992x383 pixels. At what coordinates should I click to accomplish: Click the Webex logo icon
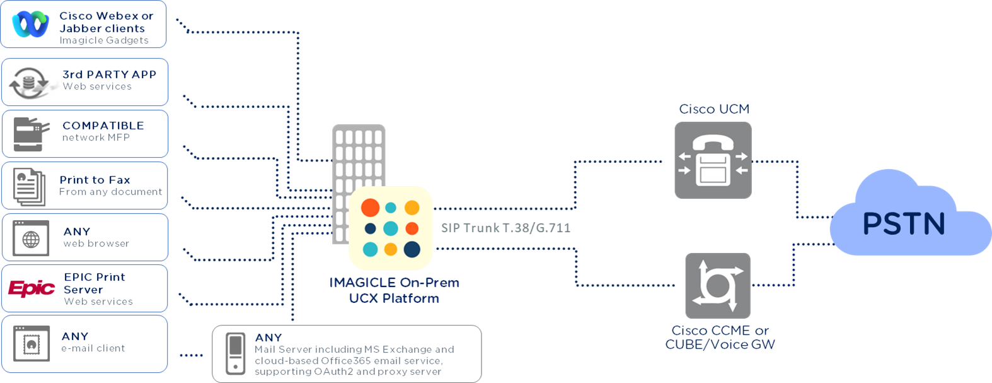click(x=30, y=25)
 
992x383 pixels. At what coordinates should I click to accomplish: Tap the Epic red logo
click(x=32, y=288)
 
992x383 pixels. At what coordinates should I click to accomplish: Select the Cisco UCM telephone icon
click(x=713, y=160)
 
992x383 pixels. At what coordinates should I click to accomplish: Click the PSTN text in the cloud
click(x=904, y=224)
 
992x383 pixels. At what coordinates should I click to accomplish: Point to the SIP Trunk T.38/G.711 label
click(x=505, y=228)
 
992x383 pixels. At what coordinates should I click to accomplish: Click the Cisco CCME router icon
click(x=717, y=285)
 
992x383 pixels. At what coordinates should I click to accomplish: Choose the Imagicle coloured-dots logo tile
click(x=391, y=228)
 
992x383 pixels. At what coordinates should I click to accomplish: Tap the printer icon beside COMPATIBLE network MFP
click(x=31, y=134)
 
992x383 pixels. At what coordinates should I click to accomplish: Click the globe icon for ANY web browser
click(x=31, y=239)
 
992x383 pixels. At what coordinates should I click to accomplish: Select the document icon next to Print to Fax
click(x=29, y=187)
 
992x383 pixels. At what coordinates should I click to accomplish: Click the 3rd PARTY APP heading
click(x=109, y=74)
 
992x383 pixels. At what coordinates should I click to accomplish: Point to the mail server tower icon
click(x=235, y=353)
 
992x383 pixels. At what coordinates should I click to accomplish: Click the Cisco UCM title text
click(x=714, y=109)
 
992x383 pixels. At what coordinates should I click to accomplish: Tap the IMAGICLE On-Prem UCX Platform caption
click(x=395, y=290)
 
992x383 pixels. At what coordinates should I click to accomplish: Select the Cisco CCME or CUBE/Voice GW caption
click(x=720, y=338)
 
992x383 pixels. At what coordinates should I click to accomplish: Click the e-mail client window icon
click(x=31, y=343)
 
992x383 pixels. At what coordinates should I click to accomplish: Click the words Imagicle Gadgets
click(x=104, y=40)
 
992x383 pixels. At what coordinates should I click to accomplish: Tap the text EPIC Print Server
click(x=95, y=283)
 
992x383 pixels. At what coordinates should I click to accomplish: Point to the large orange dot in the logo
click(x=370, y=207)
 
